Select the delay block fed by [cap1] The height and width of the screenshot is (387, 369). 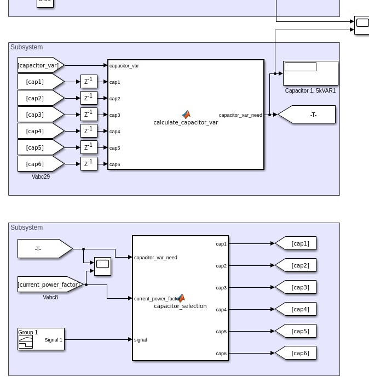[89, 82]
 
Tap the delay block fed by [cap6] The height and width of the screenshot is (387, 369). [89, 164]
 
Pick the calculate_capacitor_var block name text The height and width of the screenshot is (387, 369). [186, 123]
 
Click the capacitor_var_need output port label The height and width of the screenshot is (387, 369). [240, 115]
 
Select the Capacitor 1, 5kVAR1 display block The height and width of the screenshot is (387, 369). [310, 73]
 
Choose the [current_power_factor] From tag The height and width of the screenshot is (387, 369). [49, 284]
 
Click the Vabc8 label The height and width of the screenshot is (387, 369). [50, 298]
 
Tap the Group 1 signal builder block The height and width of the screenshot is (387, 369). [41, 339]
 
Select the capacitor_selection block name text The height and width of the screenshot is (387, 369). [180, 306]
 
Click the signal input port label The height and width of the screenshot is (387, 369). [141, 340]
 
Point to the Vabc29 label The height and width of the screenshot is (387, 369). [41, 177]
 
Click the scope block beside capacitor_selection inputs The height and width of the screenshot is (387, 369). [102, 266]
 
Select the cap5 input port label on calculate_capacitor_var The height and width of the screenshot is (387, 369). [114, 148]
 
